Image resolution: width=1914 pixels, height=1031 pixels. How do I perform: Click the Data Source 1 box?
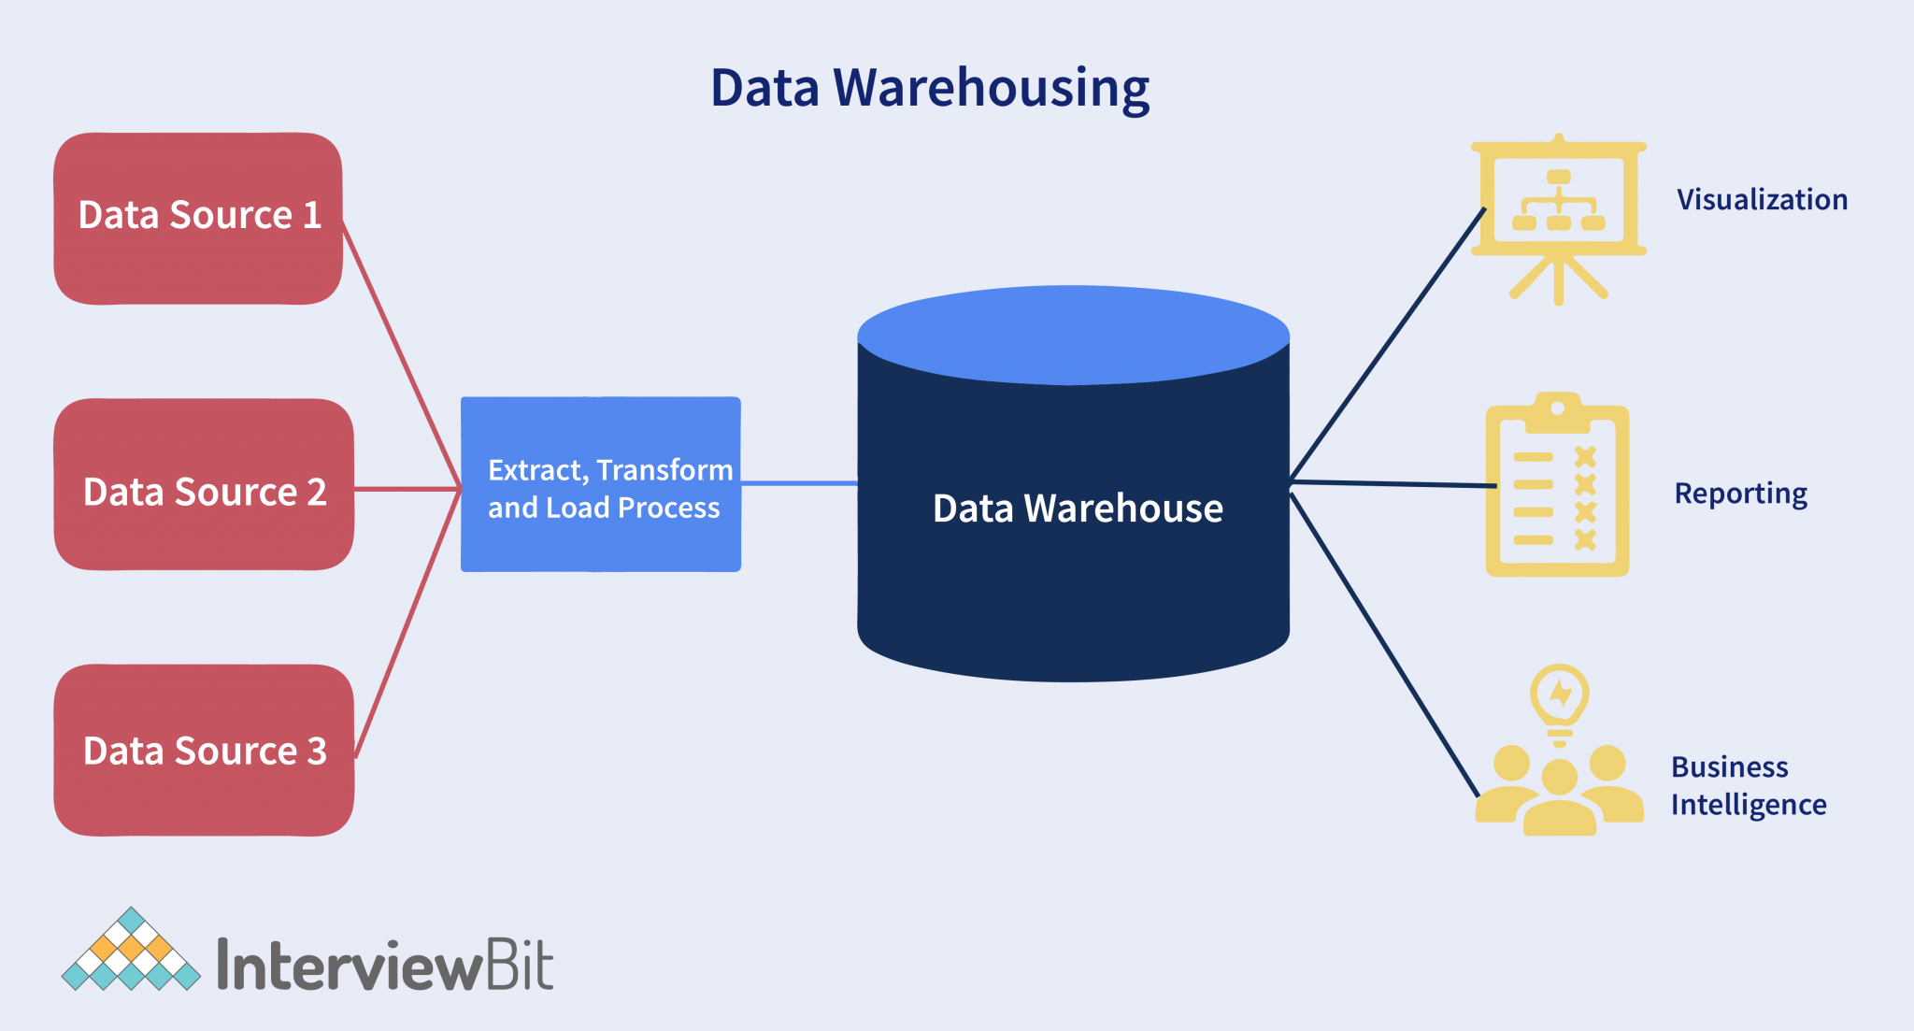198,217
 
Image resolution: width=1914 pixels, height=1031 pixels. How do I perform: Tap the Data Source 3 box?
204,751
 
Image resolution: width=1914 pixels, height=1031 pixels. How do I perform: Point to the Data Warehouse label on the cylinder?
1077,508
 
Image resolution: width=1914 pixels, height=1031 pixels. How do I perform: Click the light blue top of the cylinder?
1073,334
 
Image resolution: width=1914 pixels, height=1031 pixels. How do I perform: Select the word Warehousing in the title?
991,88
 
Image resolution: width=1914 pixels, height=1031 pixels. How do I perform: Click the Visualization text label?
1761,200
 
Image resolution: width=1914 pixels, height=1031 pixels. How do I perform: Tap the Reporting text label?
1739,494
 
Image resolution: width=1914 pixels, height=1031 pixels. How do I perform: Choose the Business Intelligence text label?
1748,785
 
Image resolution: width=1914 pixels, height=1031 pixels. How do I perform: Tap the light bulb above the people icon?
1559,698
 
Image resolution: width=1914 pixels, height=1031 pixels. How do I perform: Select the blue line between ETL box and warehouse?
799,483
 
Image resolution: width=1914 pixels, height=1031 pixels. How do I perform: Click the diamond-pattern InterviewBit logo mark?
131,952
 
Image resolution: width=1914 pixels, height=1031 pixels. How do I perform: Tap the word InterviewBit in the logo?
385,966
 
